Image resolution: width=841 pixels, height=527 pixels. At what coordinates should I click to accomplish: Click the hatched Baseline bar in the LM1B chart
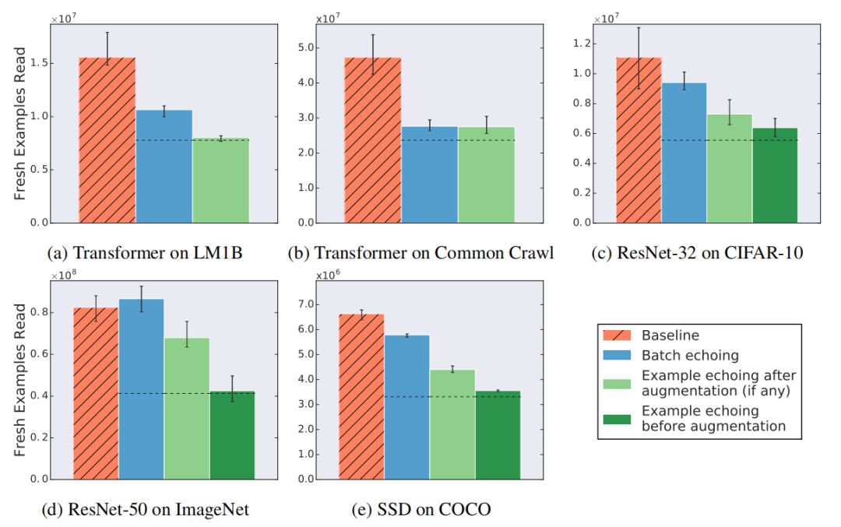pyautogui.click(x=107, y=140)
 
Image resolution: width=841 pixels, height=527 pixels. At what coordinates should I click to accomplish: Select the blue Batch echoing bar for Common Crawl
pyautogui.click(x=429, y=174)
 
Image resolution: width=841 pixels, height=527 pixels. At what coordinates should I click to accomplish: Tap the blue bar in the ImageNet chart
pyautogui.click(x=141, y=388)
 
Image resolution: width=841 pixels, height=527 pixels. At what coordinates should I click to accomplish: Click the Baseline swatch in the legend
pyautogui.click(x=620, y=336)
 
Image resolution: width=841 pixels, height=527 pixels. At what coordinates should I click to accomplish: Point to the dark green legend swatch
pyautogui.click(x=620, y=418)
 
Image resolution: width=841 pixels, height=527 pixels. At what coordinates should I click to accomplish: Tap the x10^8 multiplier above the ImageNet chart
pyautogui.click(x=64, y=276)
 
